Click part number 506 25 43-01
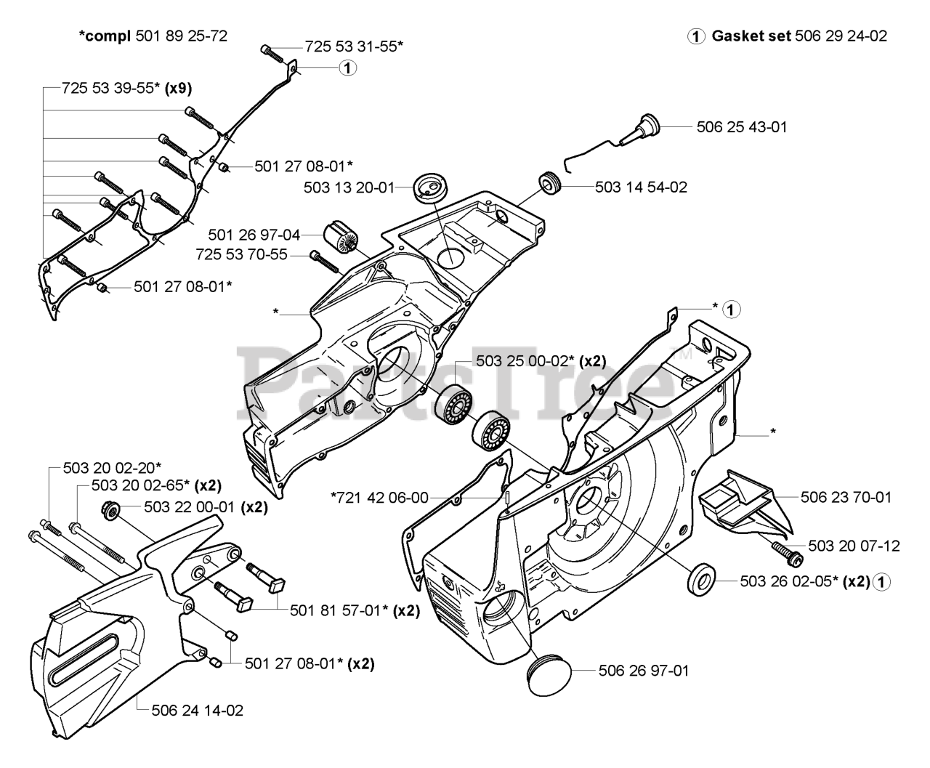click(x=742, y=127)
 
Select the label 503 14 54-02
click(x=641, y=187)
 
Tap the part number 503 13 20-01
click(x=349, y=187)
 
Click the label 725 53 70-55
click(x=241, y=255)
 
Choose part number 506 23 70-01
click(x=846, y=497)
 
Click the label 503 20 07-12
click(x=854, y=546)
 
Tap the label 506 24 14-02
click(x=198, y=710)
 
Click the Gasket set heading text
click(x=751, y=36)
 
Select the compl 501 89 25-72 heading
click(x=153, y=36)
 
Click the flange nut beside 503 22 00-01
click(x=110, y=509)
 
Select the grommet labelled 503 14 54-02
click(x=549, y=182)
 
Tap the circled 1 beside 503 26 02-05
click(x=881, y=582)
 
